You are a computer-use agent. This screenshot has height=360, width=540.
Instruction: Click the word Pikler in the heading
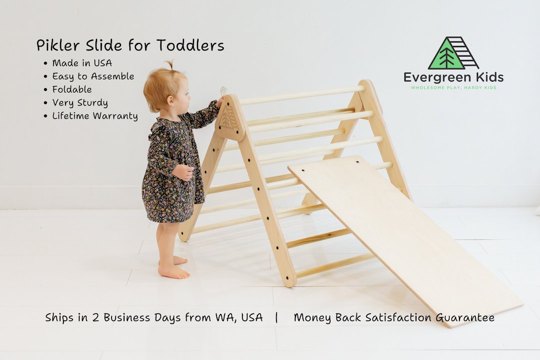pos(54,45)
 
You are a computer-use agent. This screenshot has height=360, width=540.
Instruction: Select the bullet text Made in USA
pos(82,63)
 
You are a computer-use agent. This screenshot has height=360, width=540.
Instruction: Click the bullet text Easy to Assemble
pos(93,76)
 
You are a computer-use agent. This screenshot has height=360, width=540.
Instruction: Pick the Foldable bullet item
pos(72,89)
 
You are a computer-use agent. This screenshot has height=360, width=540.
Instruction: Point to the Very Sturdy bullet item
pos(80,103)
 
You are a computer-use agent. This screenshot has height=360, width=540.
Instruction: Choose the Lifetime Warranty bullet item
pos(95,116)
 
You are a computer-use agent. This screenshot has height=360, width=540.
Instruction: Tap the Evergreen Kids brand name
pos(453,77)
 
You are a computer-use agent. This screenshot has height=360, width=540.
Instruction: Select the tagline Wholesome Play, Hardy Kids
pos(453,87)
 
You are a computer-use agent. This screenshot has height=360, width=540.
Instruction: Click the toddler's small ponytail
pos(170,65)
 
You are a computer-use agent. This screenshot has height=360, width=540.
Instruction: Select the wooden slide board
pos(400,235)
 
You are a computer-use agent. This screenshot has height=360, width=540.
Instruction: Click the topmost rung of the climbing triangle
pos(300,94)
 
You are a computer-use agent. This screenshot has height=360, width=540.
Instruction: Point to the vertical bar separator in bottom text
pos(276,317)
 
